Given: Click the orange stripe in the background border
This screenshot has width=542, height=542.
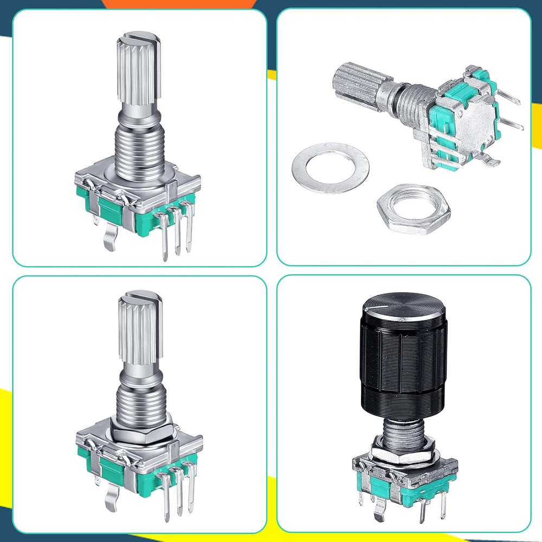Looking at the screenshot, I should click(179, 4).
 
